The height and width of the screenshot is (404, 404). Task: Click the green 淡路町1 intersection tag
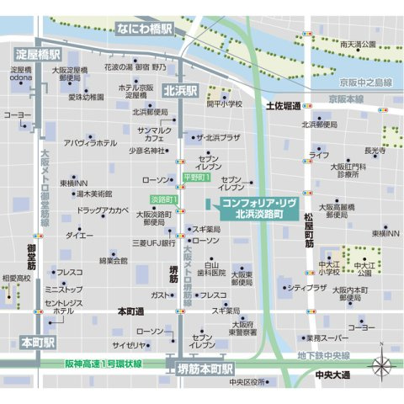163,199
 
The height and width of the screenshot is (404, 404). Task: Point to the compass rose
382,365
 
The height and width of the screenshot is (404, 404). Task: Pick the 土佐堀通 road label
283,107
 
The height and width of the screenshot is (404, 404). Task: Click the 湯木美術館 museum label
88,194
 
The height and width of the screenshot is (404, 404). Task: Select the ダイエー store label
80,235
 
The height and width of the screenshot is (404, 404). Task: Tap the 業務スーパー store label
323,338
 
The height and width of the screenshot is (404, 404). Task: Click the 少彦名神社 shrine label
147,151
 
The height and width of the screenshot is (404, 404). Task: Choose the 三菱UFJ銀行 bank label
153,242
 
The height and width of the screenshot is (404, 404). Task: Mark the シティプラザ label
306,288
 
